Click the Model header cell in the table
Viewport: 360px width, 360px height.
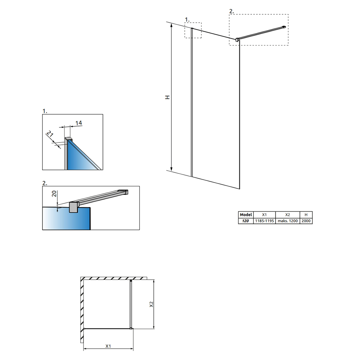pyautogui.click(x=246, y=215)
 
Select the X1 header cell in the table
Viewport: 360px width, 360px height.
pyautogui.click(x=264, y=215)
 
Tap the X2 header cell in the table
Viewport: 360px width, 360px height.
pyautogui.click(x=287, y=215)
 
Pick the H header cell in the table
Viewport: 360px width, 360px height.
pyautogui.click(x=306, y=215)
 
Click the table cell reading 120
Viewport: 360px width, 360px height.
pyautogui.click(x=246, y=221)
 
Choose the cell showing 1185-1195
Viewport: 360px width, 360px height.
pyautogui.click(x=264, y=221)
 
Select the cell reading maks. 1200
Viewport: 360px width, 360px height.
pyautogui.click(x=287, y=221)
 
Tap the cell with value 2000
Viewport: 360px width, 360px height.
pyautogui.click(x=306, y=221)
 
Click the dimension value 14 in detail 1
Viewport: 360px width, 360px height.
pyautogui.click(x=78, y=123)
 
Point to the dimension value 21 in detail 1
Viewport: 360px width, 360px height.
pyautogui.click(x=50, y=134)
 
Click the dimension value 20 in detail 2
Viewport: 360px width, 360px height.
pyautogui.click(x=54, y=194)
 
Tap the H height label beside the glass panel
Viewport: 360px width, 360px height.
pyautogui.click(x=168, y=97)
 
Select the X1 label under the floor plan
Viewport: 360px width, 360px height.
pyautogui.click(x=108, y=346)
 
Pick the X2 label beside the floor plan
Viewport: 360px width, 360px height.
pyautogui.click(x=151, y=305)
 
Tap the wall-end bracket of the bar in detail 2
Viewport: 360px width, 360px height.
pyautogui.click(x=123, y=192)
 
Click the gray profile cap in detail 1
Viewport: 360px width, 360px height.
pyautogui.click(x=68, y=139)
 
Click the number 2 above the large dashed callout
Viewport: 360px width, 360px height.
pyautogui.click(x=231, y=11)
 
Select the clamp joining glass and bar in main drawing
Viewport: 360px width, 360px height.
pyautogui.click(x=237, y=40)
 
